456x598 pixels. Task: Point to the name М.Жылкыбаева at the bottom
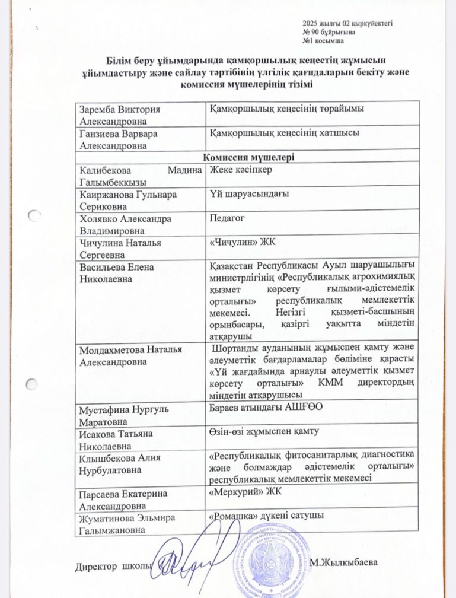[343, 562]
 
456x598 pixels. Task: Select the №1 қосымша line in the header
[323, 41]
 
